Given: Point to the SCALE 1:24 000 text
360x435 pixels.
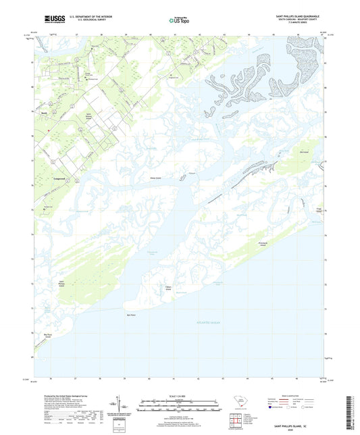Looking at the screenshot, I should coord(179,396).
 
